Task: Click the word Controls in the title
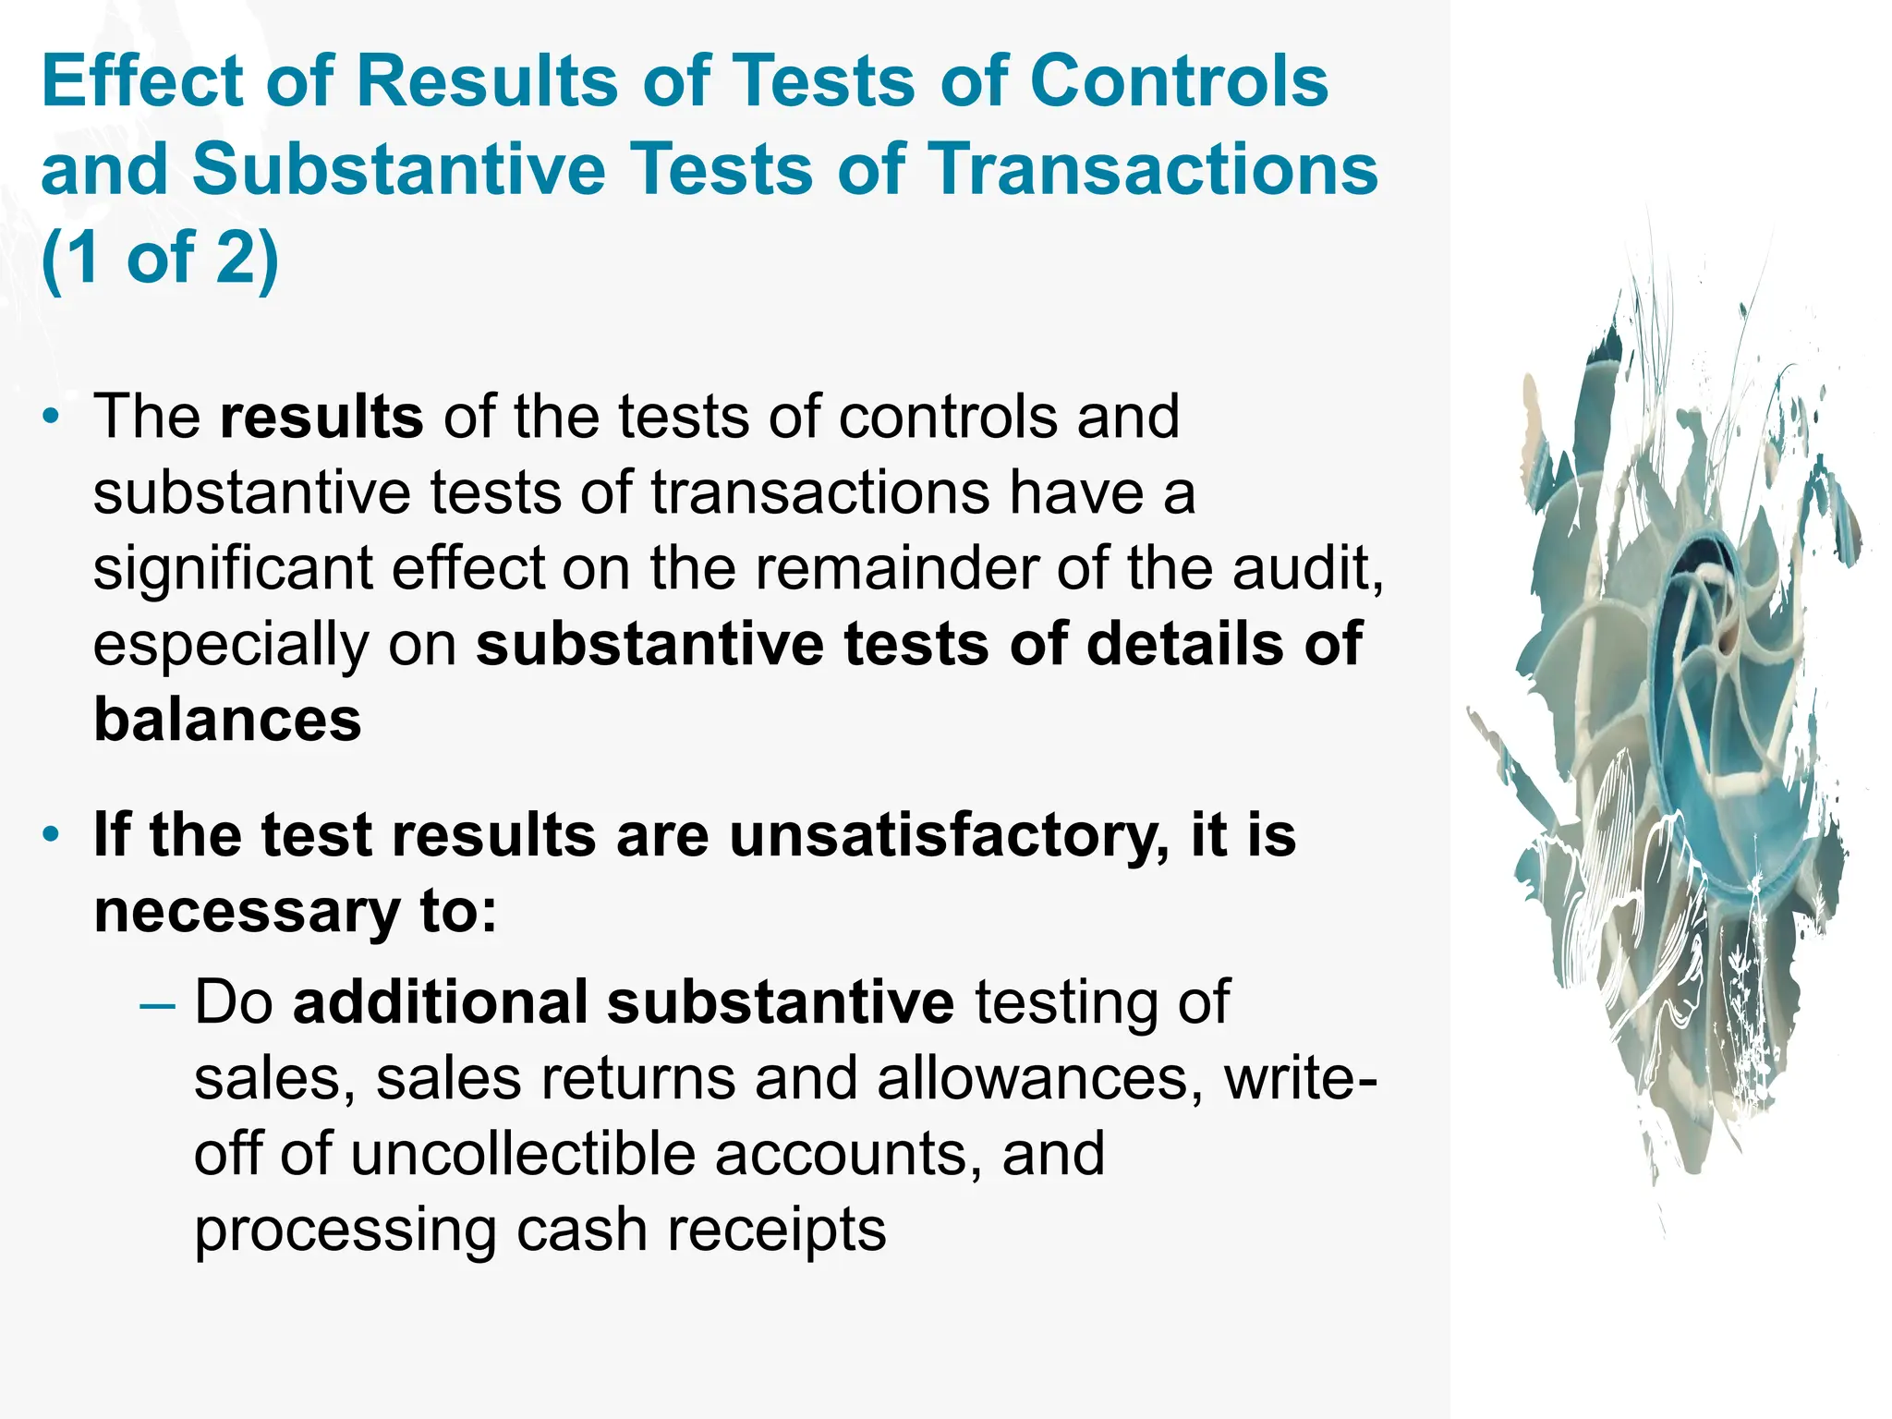[1179, 81]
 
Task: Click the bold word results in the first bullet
[321, 417]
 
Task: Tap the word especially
[230, 645]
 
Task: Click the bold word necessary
[247, 911]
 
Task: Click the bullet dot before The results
[52, 417]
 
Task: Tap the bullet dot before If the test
[52, 835]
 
